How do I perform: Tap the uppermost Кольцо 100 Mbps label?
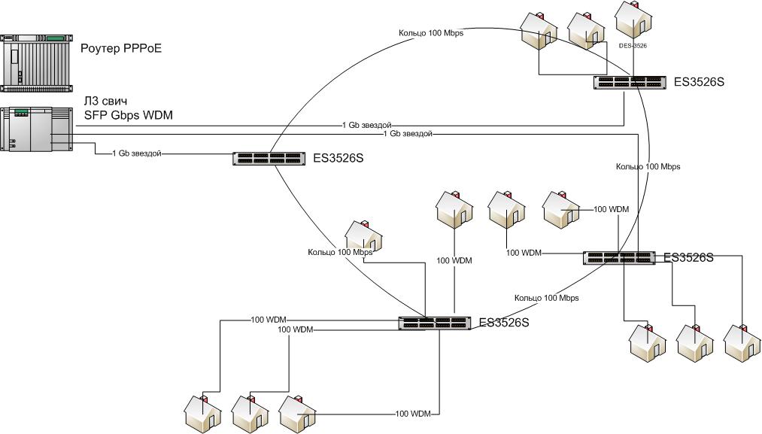[431, 33]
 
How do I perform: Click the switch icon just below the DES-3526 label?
[630, 82]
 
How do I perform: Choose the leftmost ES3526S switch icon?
[269, 159]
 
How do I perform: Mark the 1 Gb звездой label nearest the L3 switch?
[136, 153]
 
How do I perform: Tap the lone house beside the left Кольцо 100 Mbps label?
[363, 237]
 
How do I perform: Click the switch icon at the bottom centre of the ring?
[435, 323]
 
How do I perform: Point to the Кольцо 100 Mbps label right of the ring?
[648, 167]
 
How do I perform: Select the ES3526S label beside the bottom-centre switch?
[504, 323]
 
